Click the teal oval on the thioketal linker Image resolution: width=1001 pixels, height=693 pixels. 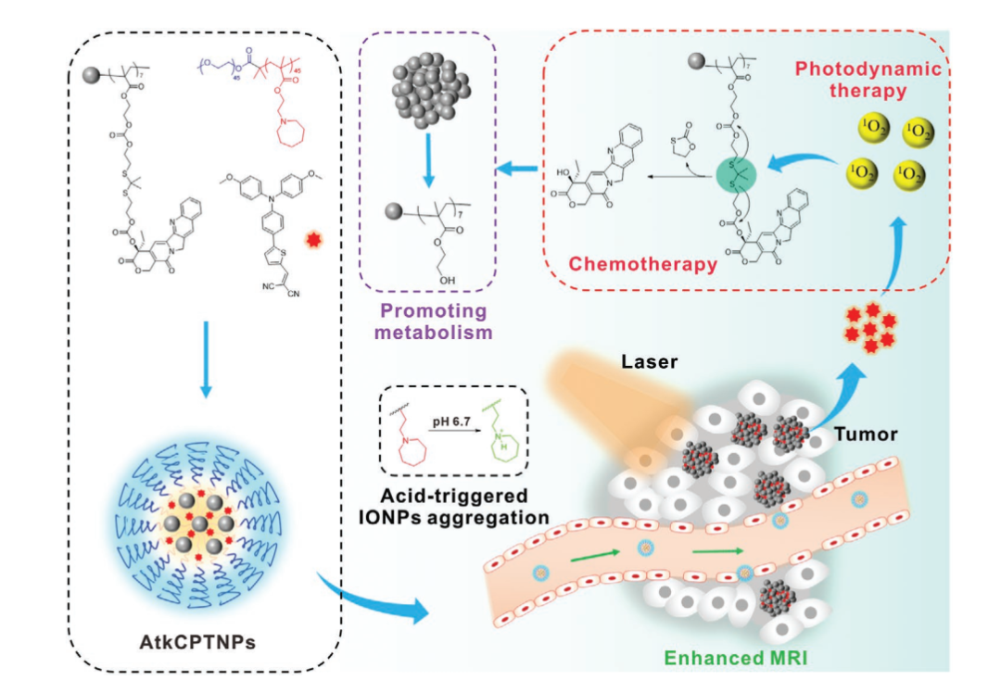737,174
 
